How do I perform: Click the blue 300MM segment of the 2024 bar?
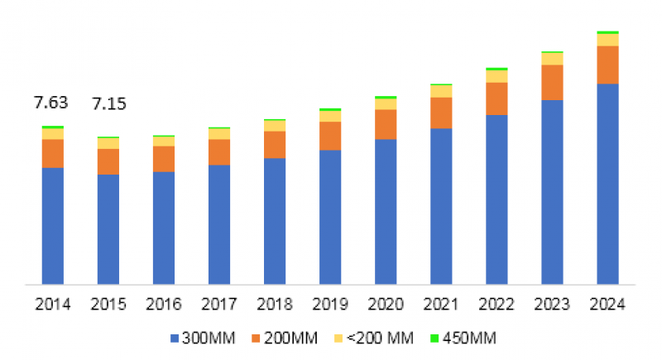click(607, 184)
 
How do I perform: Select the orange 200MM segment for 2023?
click(552, 82)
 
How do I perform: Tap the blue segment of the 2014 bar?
click(53, 226)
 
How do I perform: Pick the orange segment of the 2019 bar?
click(330, 136)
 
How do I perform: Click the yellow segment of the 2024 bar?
click(607, 40)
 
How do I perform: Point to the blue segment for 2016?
click(164, 228)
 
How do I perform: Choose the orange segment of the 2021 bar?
click(441, 113)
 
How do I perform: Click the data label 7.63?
click(50, 103)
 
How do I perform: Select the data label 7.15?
click(108, 104)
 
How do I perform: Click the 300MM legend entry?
click(202, 338)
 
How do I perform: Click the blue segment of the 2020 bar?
click(386, 211)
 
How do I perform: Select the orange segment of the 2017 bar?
click(219, 151)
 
